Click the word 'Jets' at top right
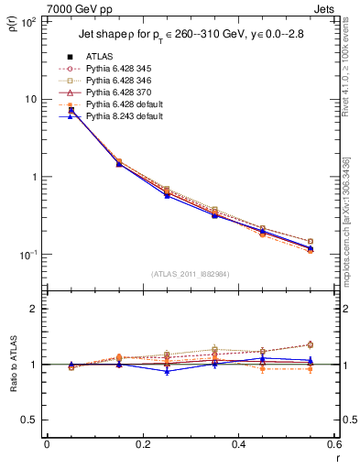click(x=325, y=8)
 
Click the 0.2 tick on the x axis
click(x=142, y=444)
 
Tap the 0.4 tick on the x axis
click(x=238, y=444)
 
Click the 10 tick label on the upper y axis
click(x=30, y=99)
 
